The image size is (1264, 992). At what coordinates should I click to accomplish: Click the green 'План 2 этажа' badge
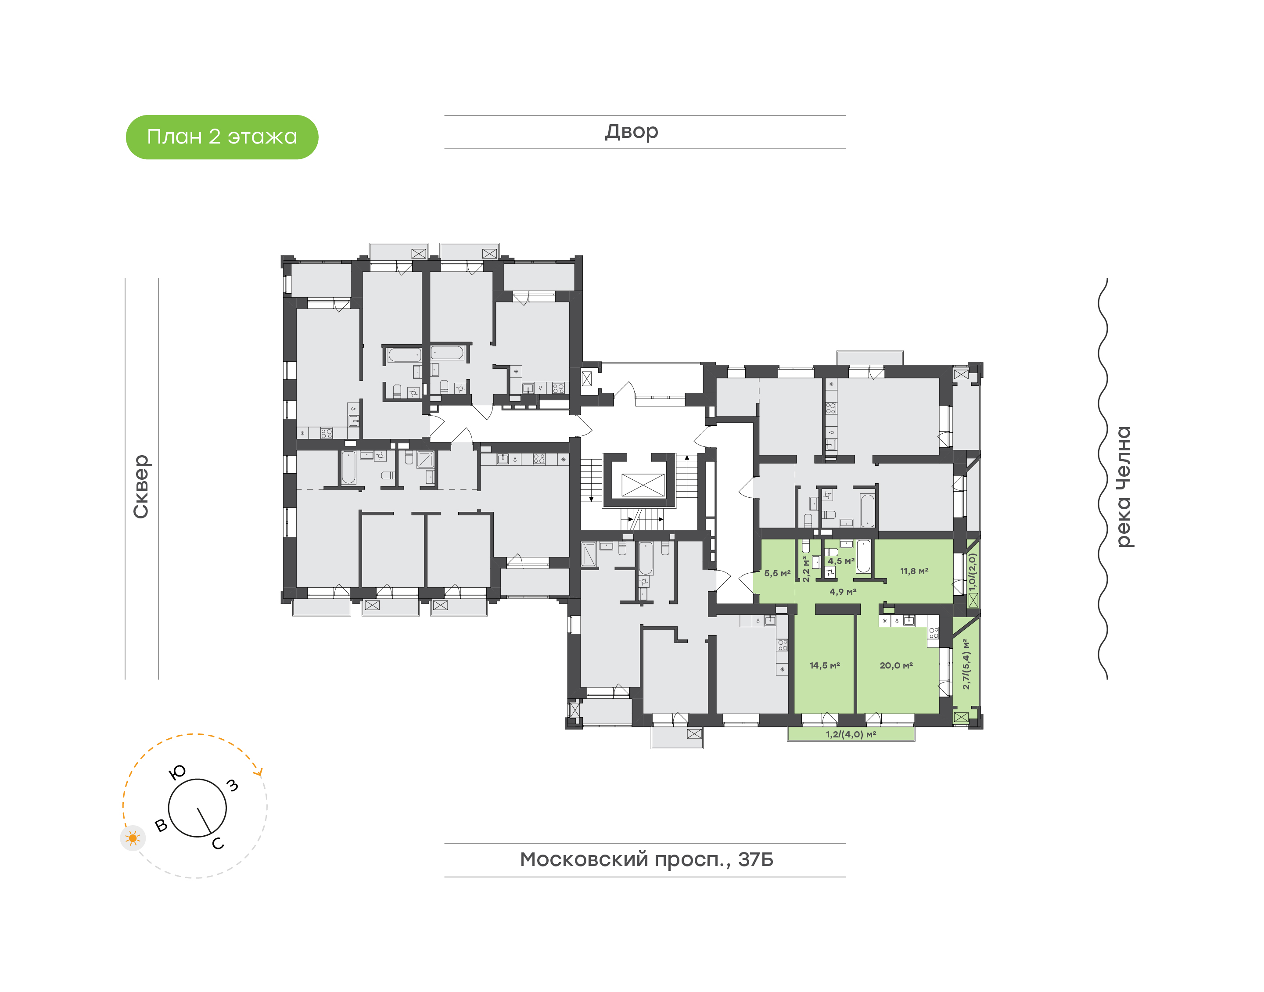click(222, 137)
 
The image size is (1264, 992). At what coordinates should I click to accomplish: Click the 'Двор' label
click(632, 132)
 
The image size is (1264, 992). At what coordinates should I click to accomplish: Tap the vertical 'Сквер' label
click(141, 486)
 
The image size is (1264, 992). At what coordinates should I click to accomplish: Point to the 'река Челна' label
click(1124, 487)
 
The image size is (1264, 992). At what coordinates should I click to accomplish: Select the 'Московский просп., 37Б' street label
click(646, 859)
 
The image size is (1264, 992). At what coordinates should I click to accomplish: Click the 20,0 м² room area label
click(896, 665)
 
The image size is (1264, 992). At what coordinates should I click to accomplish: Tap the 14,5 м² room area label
click(825, 665)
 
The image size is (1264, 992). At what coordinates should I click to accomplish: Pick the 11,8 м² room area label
click(914, 571)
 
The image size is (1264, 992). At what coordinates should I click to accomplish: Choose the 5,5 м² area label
click(777, 573)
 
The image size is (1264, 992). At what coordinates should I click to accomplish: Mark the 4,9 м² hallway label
click(843, 592)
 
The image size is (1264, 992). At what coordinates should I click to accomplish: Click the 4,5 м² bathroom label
click(841, 561)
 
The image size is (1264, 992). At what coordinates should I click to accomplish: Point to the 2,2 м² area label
click(806, 569)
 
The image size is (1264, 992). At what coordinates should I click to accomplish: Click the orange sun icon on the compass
click(133, 838)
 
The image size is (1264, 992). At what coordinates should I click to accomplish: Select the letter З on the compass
click(232, 785)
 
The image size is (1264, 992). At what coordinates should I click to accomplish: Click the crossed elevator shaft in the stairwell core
click(643, 485)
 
